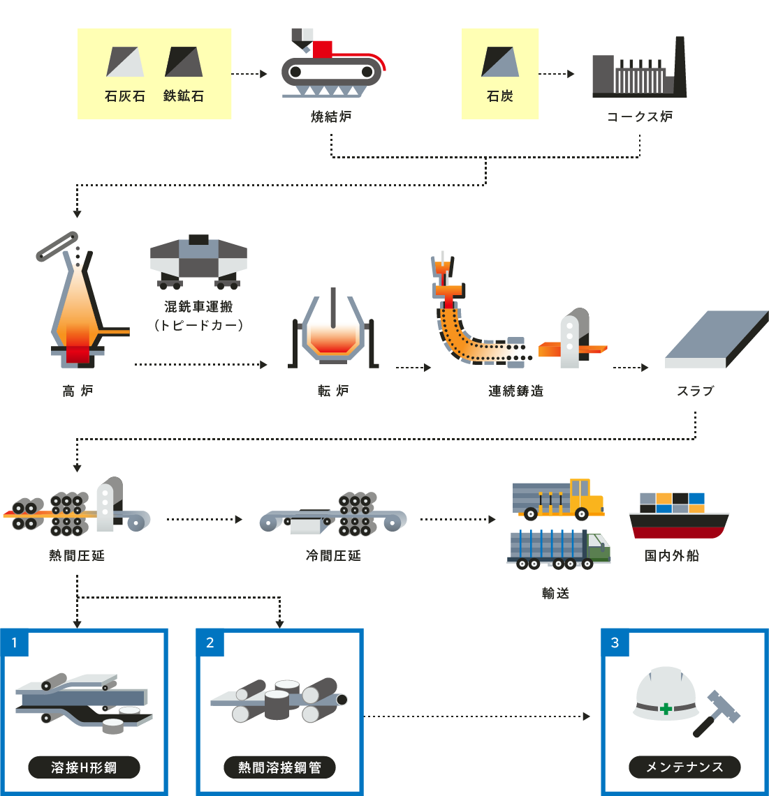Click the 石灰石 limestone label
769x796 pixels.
(x=125, y=96)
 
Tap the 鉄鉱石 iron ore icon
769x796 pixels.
(x=184, y=61)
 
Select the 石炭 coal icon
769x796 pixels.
(x=500, y=61)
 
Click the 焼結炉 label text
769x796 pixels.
(x=331, y=117)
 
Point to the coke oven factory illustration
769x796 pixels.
(x=639, y=70)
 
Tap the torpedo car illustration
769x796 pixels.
(x=198, y=262)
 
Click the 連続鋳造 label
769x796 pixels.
(x=515, y=391)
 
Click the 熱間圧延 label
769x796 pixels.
(x=77, y=556)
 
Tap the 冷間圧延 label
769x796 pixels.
(x=333, y=556)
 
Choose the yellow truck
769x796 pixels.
(x=559, y=499)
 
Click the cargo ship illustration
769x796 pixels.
(x=678, y=516)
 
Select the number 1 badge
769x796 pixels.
(x=15, y=643)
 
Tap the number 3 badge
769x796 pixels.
(x=615, y=643)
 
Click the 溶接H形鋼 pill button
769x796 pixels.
(x=84, y=767)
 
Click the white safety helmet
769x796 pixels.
(x=665, y=694)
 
